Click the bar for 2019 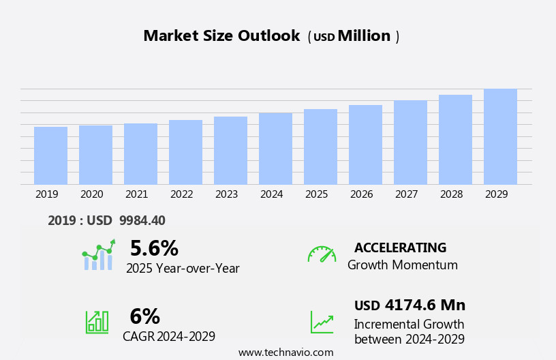point(50,155)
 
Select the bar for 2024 point(275,149)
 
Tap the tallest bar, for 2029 point(500,136)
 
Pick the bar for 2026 point(365,145)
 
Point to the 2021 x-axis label point(136,194)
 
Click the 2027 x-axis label point(406,194)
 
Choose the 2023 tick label point(226,194)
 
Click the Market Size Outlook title point(221,36)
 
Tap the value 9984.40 point(142,220)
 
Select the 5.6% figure point(154,248)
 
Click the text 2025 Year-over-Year point(183,269)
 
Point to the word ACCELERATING point(400,247)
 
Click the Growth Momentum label point(402,265)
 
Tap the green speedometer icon point(322,254)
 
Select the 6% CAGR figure point(144,316)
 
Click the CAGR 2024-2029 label point(169,336)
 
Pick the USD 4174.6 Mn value point(410,305)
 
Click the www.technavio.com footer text point(285,352)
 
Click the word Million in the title point(364,36)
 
